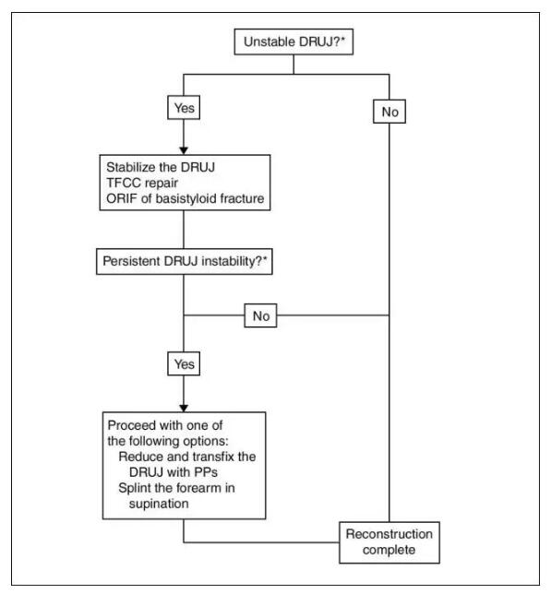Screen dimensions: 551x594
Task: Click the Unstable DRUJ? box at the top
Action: pos(293,42)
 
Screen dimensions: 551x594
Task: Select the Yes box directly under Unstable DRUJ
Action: pos(184,108)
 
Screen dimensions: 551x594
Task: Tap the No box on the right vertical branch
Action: pos(389,112)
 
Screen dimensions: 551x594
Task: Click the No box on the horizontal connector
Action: pos(260,315)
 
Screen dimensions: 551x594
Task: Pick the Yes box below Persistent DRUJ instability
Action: pos(184,363)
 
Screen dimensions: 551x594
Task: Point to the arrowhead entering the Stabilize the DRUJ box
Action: pos(184,150)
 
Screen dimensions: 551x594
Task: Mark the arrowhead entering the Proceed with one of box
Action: pos(184,408)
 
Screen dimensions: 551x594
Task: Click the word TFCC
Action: pos(123,183)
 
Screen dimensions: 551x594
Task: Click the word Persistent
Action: pos(131,261)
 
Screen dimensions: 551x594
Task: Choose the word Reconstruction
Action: pos(389,534)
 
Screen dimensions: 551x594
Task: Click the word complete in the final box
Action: pos(389,550)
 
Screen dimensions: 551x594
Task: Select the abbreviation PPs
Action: pos(206,472)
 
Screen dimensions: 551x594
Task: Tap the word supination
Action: pos(159,504)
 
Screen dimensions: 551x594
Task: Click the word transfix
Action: pos(214,457)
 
